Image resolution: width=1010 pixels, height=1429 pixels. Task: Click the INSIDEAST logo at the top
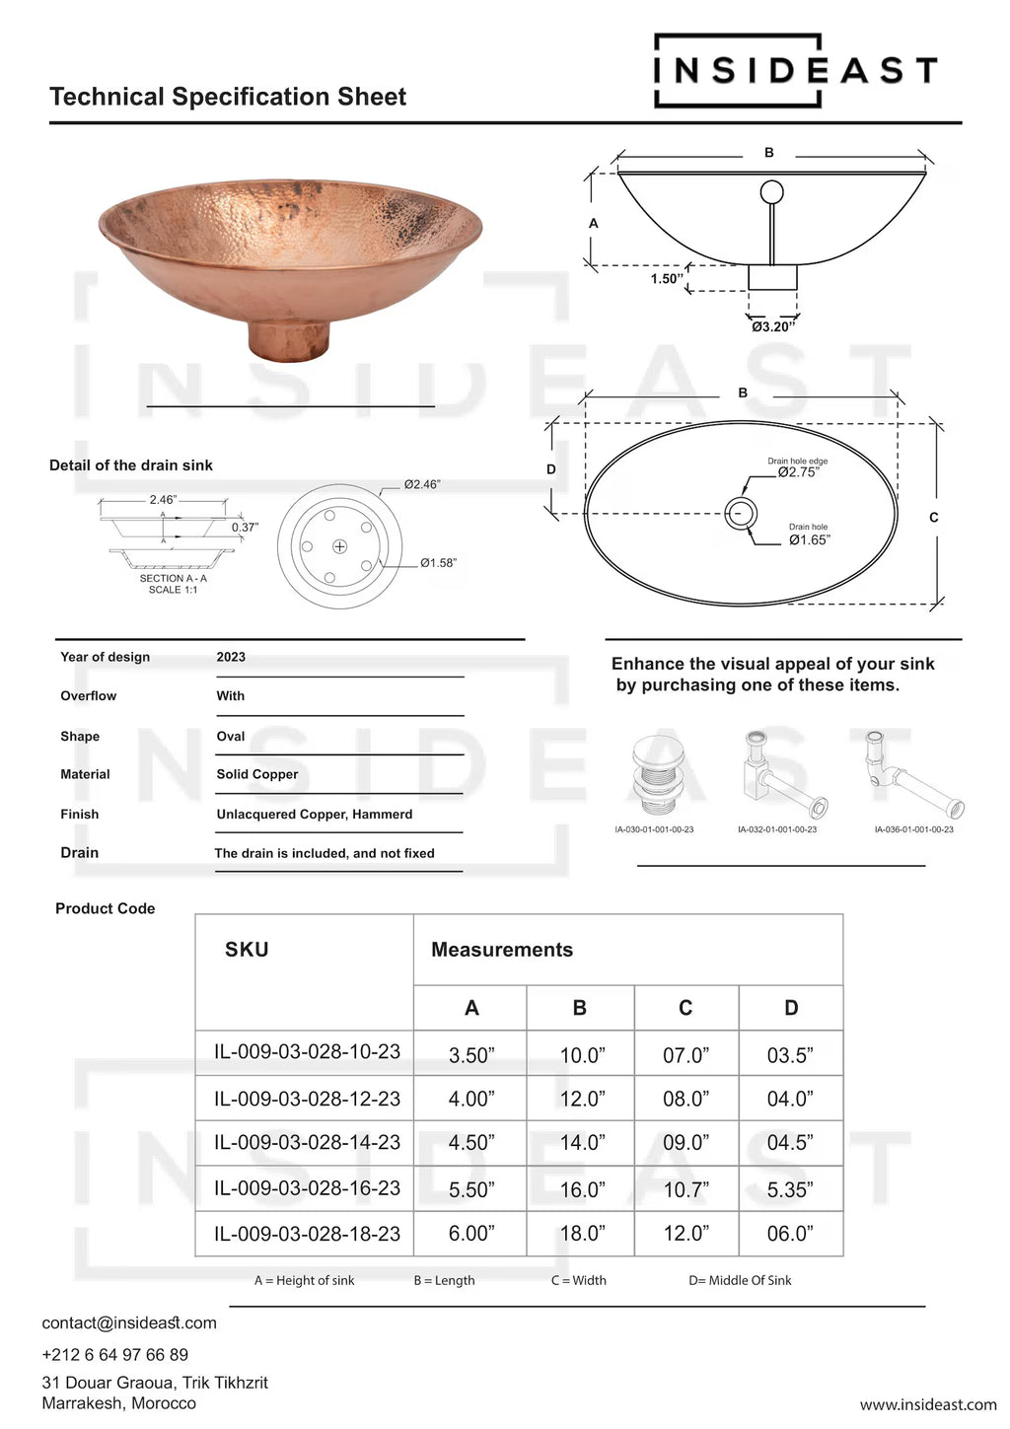pos(794,70)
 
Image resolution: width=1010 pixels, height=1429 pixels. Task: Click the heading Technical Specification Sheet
pos(228,97)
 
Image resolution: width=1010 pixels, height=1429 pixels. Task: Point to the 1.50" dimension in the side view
pos(666,279)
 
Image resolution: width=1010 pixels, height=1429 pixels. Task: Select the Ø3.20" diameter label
pos(772,326)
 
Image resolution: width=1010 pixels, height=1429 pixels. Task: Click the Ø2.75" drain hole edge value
pos(798,472)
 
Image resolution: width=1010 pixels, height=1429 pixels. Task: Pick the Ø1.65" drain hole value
pos(809,539)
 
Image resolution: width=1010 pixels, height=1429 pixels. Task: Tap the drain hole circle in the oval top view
pos(741,513)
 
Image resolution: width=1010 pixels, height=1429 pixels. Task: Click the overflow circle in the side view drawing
pos(771,191)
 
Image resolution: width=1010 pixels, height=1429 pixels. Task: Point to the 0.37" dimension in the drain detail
pos(245,528)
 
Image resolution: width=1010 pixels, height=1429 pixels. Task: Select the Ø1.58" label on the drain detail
pos(438,563)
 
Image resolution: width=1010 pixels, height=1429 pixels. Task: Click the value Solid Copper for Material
pos(257,774)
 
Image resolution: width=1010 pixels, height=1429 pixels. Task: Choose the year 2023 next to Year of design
pos(231,657)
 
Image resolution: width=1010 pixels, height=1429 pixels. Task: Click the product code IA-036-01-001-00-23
pos(913,829)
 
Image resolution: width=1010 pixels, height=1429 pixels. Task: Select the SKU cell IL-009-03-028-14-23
pos(307,1142)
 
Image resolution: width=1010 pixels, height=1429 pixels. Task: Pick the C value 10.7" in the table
pos(685,1189)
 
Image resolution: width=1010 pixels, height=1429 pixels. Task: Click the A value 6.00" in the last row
pos(471,1234)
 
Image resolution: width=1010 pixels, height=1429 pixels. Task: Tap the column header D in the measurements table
pos(791,1008)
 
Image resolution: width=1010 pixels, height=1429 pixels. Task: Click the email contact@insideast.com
pos(129,1322)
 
